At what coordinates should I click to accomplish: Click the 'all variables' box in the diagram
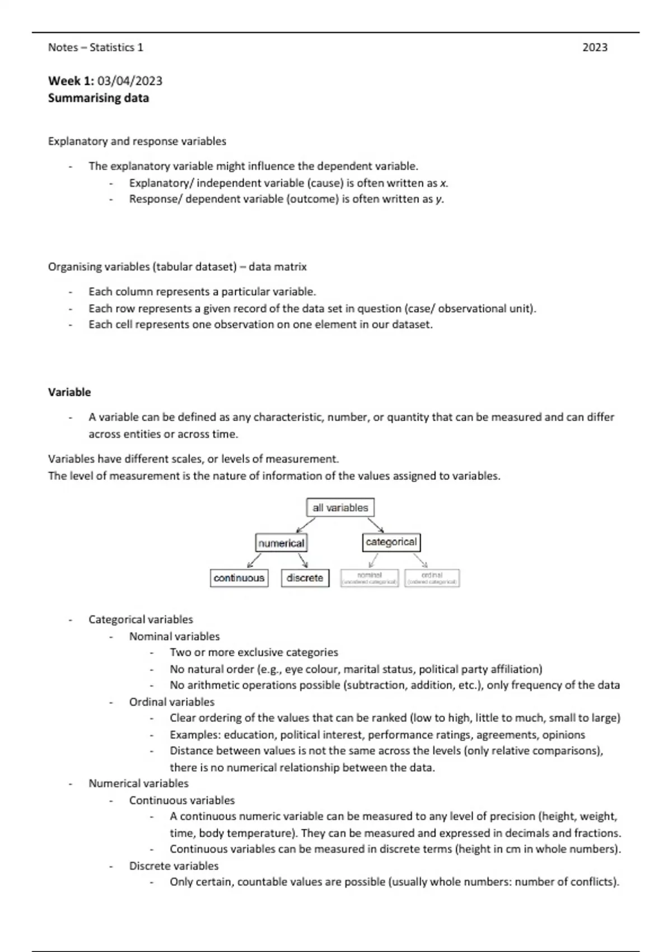(340, 508)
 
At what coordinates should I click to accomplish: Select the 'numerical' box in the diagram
(281, 543)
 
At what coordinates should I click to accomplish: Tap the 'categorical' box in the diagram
(391, 542)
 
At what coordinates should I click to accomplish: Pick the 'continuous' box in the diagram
(239, 578)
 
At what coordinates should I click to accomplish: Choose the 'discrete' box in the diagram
(305, 578)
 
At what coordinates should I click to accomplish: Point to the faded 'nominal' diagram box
(370, 578)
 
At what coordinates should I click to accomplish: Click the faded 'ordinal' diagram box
(432, 578)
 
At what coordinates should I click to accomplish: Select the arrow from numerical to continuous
(254, 560)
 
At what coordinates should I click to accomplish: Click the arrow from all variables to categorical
(375, 525)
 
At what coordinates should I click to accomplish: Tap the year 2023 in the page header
(595, 48)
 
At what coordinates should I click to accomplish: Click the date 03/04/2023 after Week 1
(130, 81)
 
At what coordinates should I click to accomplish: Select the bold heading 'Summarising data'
(99, 98)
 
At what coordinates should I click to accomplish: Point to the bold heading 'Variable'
(69, 392)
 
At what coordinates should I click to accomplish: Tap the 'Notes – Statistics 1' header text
(96, 48)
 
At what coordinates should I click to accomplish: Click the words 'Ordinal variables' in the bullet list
(172, 702)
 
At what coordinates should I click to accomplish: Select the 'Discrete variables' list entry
(174, 866)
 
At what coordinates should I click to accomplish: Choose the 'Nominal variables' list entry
(174, 636)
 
